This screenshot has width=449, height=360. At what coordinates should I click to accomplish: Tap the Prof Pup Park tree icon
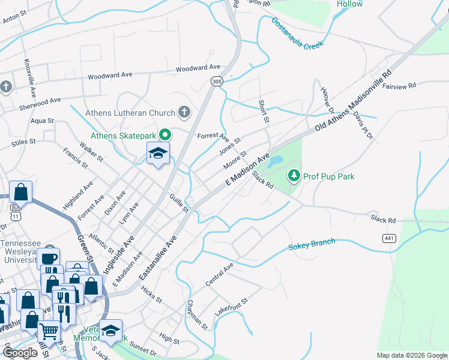294,176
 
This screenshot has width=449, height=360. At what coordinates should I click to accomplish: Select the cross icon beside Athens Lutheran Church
184,112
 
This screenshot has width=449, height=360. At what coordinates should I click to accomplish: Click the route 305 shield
217,80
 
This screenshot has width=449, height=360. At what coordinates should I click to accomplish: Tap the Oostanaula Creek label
298,33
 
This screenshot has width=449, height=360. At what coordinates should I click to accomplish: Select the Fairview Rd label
400,86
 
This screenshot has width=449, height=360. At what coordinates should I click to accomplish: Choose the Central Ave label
219,273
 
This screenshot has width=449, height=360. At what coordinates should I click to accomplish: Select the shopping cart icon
49,329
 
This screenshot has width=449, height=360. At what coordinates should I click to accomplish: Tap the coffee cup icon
49,259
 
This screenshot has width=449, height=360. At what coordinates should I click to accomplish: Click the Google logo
21,353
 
